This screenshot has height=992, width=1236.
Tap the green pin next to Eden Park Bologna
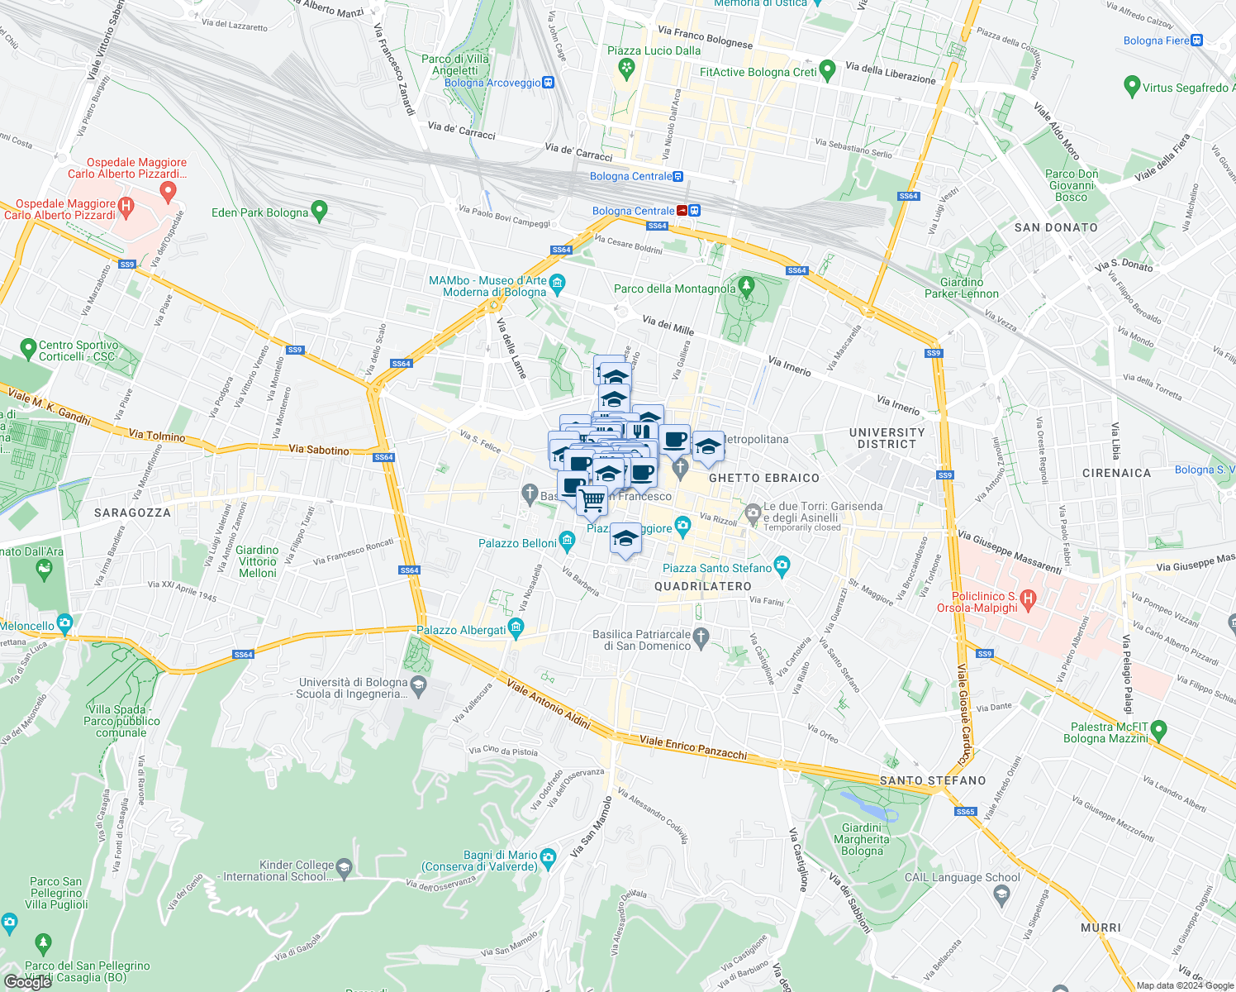(320, 212)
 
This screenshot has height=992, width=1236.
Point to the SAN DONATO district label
(1056, 227)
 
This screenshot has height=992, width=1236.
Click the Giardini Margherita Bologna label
(862, 839)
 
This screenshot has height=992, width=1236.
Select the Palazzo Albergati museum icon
(516, 629)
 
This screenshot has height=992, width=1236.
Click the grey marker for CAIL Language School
(1001, 894)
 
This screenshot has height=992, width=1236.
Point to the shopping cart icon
(591, 499)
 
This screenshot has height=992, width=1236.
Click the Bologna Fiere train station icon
(1197, 41)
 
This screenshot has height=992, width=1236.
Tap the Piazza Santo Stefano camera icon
(782, 567)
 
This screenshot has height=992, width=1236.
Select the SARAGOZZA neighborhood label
(132, 513)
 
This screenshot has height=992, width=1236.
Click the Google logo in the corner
(28, 981)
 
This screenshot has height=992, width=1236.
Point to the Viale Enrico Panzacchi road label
(693, 747)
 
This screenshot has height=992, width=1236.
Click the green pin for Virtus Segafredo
(1132, 86)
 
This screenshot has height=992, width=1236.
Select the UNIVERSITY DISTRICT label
(887, 438)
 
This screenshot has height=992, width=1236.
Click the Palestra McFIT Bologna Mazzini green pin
(1158, 731)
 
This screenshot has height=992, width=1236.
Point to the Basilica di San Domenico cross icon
(701, 637)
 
